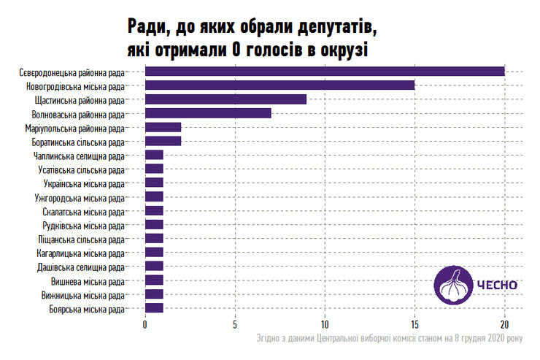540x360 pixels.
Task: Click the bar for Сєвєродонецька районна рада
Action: pyautogui.click(x=325, y=71)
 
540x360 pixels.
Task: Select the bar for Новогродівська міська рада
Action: pyautogui.click(x=280, y=85)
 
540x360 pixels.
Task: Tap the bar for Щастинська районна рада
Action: pyautogui.click(x=226, y=99)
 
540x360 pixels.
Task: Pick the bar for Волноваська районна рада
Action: pyautogui.click(x=208, y=112)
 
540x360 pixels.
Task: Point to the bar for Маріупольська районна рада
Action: pyautogui.click(x=163, y=127)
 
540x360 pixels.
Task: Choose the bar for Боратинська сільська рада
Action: pyautogui.click(x=163, y=141)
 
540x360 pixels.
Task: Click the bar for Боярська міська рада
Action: pyautogui.click(x=154, y=308)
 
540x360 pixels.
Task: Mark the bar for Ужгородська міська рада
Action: pyautogui.click(x=154, y=196)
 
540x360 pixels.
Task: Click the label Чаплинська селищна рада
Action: pyautogui.click(x=79, y=156)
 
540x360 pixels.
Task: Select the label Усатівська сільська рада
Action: pyautogui.click(x=81, y=169)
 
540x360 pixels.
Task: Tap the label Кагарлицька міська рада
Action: pyautogui.click(x=80, y=253)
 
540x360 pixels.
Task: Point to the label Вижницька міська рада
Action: pyautogui.click(x=82, y=295)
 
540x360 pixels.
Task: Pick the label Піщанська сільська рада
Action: pyautogui.click(x=81, y=239)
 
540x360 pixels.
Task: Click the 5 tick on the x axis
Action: pyautogui.click(x=235, y=324)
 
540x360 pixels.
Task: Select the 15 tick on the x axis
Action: pyautogui.click(x=414, y=324)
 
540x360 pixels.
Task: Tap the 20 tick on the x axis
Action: pyautogui.click(x=504, y=324)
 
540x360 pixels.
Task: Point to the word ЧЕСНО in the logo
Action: pyautogui.click(x=497, y=285)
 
